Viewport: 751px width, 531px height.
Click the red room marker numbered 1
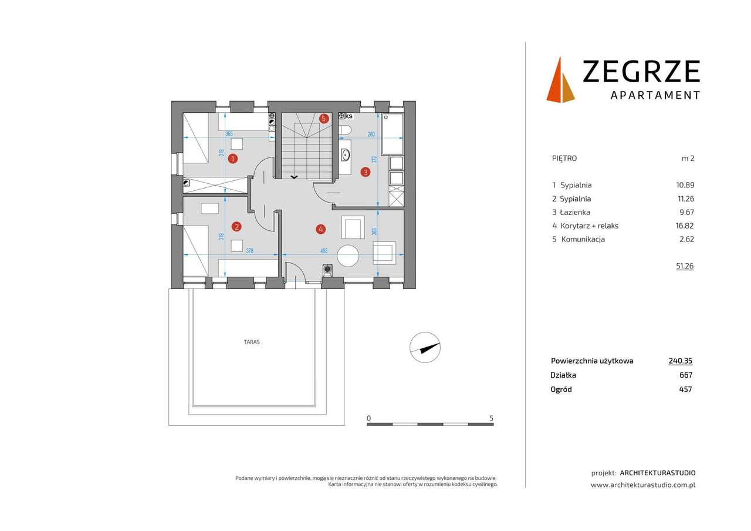(x=233, y=159)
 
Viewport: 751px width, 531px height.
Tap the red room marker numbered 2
(x=236, y=226)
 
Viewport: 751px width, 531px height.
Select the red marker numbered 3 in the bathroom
(x=366, y=172)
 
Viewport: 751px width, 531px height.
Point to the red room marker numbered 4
(x=320, y=228)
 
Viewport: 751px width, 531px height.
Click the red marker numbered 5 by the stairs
(x=324, y=118)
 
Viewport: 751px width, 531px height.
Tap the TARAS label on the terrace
(x=252, y=342)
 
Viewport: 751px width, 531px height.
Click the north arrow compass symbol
(x=425, y=347)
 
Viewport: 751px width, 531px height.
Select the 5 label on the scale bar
(x=491, y=418)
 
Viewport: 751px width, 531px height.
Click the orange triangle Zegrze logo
(x=561, y=80)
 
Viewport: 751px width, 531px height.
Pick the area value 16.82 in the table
(x=685, y=226)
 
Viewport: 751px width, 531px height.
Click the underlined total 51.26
(x=685, y=265)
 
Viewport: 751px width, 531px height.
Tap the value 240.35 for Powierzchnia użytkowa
(x=681, y=361)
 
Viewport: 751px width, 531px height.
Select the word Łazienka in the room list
(x=574, y=212)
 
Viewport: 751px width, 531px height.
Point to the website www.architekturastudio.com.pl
(x=643, y=485)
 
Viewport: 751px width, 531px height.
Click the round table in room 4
(x=347, y=256)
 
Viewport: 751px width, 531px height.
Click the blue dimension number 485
(x=324, y=251)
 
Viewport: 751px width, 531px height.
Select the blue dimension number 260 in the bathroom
(x=371, y=134)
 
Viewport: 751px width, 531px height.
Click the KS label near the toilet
(x=349, y=116)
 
